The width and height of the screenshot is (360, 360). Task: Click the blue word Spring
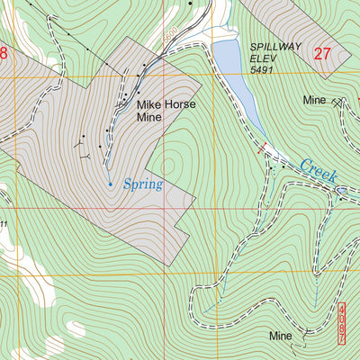click(x=142, y=184)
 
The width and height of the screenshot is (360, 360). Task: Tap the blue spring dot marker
click(x=111, y=184)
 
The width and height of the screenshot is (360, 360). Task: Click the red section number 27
click(x=323, y=54)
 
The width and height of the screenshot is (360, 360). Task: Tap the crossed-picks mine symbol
click(x=337, y=103)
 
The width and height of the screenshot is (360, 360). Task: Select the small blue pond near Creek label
click(x=341, y=190)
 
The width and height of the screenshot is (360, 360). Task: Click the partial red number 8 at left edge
click(x=3, y=54)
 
